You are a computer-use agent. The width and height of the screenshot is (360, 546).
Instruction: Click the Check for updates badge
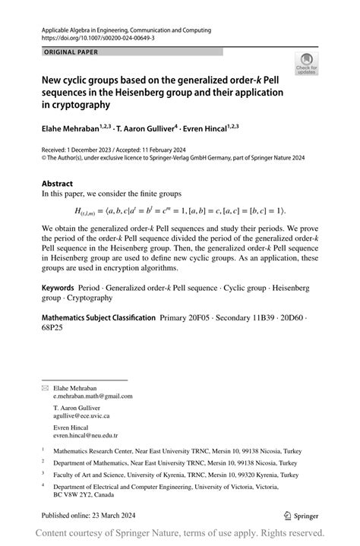click(306, 64)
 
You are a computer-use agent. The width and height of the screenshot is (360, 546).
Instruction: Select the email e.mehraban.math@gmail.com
click(93, 396)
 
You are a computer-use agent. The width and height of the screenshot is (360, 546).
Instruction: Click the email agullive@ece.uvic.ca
click(81, 416)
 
